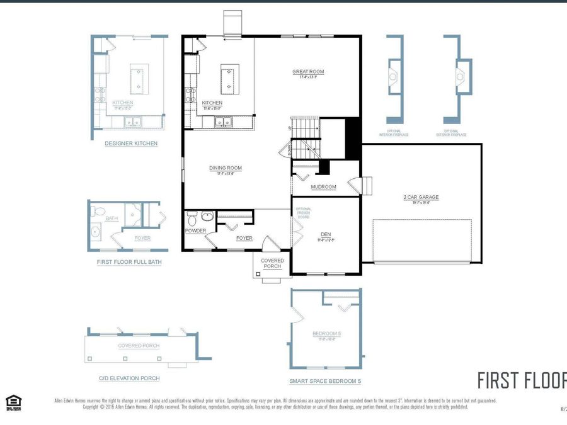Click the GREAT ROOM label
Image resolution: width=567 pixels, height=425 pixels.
pos(308,72)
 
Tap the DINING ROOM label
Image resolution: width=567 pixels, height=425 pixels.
pos(226,168)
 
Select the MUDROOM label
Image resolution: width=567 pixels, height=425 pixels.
pos(324,187)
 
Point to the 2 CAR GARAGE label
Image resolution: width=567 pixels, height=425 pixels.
pos(421,197)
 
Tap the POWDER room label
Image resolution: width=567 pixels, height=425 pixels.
pos(195,230)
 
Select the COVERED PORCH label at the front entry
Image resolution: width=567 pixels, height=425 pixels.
pos(273,263)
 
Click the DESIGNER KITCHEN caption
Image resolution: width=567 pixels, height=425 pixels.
pos(131,144)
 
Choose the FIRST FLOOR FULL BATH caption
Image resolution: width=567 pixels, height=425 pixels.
pos(129,262)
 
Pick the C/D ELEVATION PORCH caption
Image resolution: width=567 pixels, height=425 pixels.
pos(129,378)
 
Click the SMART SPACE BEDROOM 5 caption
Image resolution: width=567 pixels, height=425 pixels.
pos(325,381)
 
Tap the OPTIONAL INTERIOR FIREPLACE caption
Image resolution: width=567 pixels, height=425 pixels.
pos(394,133)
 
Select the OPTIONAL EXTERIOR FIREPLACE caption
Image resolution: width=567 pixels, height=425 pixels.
pos(452,133)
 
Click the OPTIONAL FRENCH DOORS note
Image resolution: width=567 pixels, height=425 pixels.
pos(304,215)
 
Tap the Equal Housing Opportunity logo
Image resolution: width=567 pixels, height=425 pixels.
pos(12,402)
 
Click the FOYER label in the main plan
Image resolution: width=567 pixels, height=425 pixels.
pos(244,238)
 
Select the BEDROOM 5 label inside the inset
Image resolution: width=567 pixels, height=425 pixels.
pos(326,334)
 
